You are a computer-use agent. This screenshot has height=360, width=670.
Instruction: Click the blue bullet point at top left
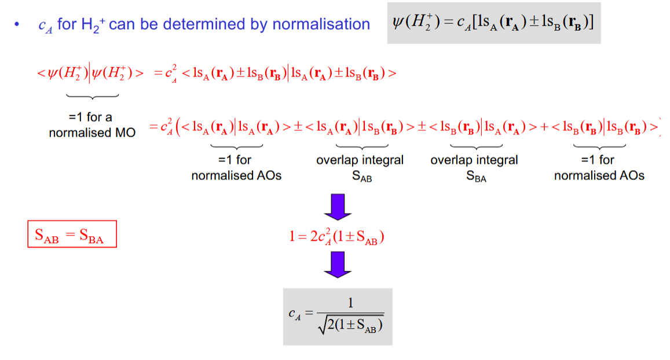coord(18,25)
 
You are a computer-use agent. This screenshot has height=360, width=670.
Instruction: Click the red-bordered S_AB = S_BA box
coord(72,234)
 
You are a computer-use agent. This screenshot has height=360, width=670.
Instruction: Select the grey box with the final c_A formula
coord(337,317)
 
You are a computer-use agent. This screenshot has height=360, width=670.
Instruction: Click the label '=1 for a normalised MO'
coord(92,125)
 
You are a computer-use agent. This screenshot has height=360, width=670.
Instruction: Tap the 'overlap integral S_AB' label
coord(360,167)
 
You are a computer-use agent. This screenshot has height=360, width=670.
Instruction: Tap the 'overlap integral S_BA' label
coord(474,167)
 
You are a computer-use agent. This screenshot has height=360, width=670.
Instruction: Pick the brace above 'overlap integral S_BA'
coord(468,145)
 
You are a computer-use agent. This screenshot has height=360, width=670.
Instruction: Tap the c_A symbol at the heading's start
coord(45,25)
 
